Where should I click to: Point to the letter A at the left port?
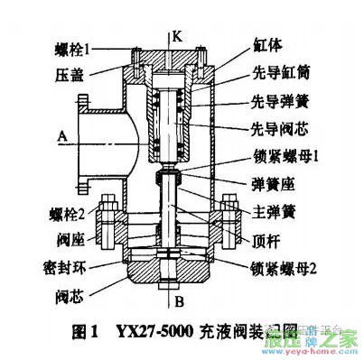click(61, 137)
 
